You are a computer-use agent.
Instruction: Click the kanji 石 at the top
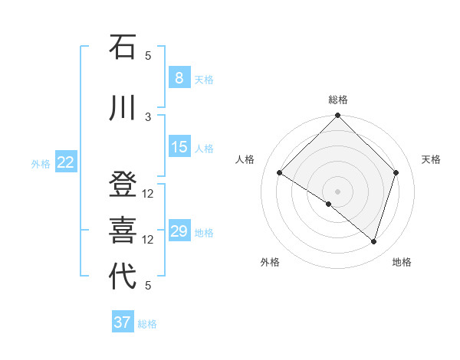pos(123,47)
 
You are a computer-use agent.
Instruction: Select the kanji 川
pos(123,108)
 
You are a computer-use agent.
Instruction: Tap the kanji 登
pos(123,185)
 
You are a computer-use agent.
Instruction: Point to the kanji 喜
pos(123,231)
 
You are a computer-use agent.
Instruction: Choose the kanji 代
pos(123,277)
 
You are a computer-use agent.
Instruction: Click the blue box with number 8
pos(179,77)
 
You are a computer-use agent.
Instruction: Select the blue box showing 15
pos(179,147)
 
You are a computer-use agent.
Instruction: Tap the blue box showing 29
pos(179,231)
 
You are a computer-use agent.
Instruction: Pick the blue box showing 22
pos(66,162)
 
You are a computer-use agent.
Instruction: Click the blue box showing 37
pos(123,322)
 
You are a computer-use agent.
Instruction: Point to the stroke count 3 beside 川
pos(149,116)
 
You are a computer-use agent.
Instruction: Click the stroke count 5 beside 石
pos(149,55)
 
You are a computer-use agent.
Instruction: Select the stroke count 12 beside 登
pos(149,193)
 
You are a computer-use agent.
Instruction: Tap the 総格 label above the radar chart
pos(338,100)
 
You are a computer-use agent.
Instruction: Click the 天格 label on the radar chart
pos(432,159)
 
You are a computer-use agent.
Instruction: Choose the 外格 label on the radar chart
pos(270,262)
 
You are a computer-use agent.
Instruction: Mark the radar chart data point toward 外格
pos(329,204)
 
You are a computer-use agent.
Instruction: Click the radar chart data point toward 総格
pos(338,116)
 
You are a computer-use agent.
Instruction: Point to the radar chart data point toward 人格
pos(280,173)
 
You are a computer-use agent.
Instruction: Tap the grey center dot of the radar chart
pos(338,191)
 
